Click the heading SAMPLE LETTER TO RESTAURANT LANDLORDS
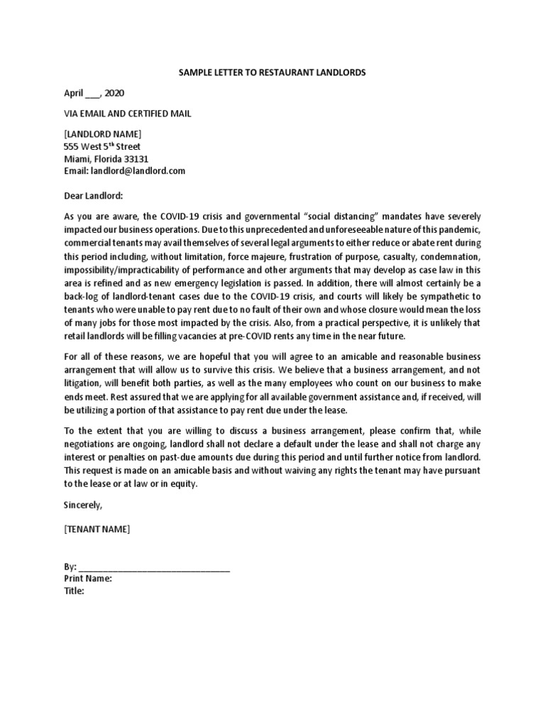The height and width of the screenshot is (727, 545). (x=272, y=73)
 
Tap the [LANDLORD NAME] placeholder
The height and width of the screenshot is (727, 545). (x=102, y=134)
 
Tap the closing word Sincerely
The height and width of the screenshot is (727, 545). (x=82, y=505)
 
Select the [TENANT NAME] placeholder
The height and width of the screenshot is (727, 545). (x=97, y=529)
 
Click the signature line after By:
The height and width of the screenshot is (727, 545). (x=154, y=568)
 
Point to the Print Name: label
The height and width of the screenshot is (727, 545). (x=87, y=579)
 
